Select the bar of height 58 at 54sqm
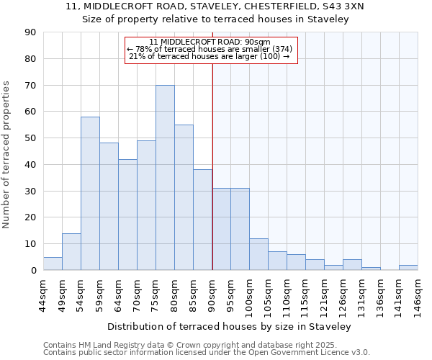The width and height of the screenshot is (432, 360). point(90,194)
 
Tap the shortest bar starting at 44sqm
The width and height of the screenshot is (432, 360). point(53,264)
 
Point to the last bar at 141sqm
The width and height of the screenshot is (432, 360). point(408,268)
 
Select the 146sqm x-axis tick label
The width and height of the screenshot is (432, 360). point(418,296)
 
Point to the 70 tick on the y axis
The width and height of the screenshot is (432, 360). point(30,86)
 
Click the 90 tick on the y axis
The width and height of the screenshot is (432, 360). point(30,32)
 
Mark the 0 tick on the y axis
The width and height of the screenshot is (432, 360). point(33,271)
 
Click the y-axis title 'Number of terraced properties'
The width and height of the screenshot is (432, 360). point(6,155)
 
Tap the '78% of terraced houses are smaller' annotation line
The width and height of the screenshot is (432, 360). point(210,49)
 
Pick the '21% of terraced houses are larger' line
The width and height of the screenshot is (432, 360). point(210,56)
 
